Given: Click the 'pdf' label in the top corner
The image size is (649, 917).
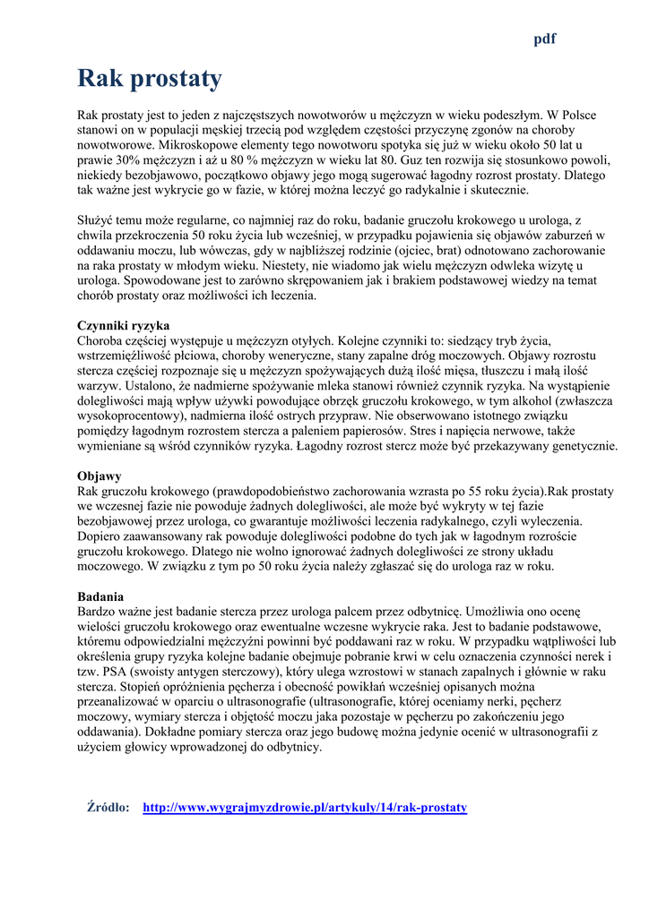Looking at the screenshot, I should [x=545, y=39].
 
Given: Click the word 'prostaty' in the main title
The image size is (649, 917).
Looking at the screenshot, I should [x=175, y=79].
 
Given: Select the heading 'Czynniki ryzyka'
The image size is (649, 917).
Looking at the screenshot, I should [x=123, y=325].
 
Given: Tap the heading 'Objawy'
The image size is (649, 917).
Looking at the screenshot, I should [x=100, y=476].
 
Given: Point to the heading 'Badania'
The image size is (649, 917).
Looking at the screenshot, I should [x=100, y=596].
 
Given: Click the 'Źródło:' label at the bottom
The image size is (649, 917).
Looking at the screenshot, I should [x=108, y=807].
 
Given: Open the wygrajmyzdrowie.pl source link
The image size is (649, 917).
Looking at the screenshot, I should [x=305, y=807].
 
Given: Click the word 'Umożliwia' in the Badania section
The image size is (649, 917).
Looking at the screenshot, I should [x=490, y=612].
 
